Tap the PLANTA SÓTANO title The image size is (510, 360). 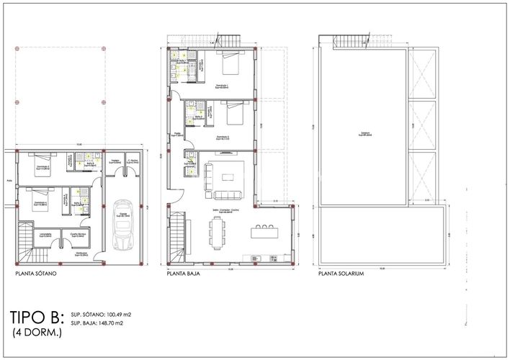click(x=35, y=274)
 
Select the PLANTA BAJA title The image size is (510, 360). click(x=183, y=274)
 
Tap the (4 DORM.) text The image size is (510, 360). click(x=36, y=333)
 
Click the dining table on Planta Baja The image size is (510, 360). click(x=218, y=233)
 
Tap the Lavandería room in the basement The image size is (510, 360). click(x=45, y=235)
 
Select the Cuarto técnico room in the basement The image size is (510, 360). click(x=79, y=235)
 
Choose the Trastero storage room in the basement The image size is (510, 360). click(x=115, y=163)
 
